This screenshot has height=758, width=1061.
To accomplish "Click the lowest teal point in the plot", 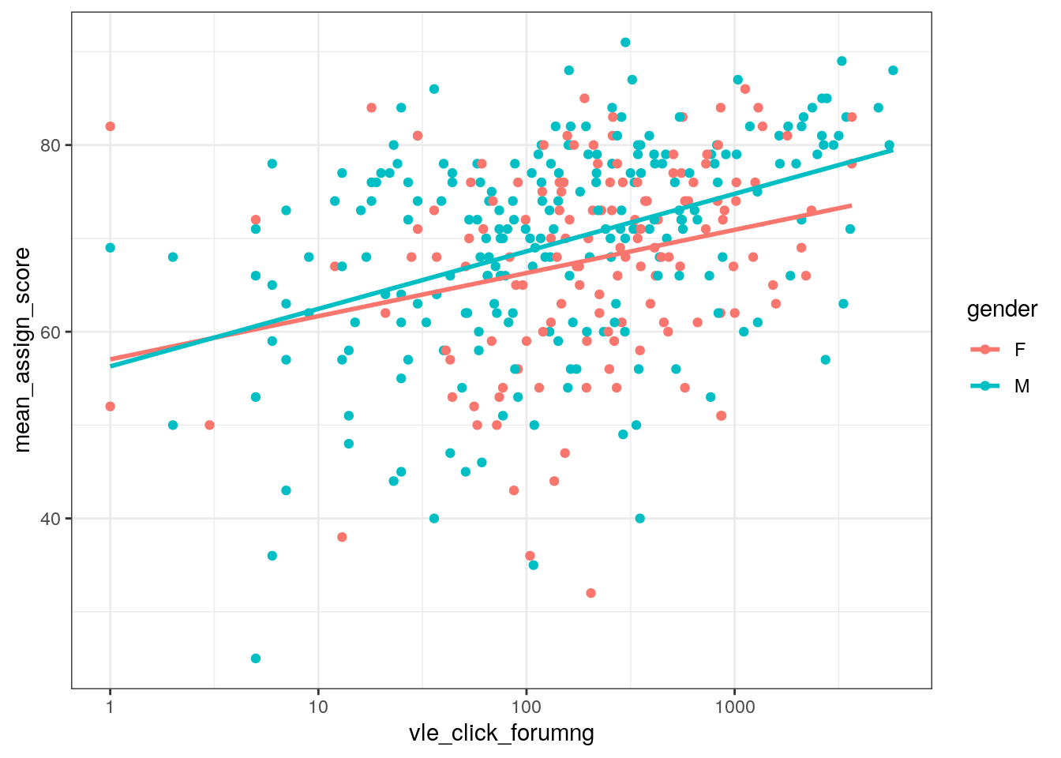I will (256, 659).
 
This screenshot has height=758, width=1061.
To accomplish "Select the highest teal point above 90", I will (625, 43).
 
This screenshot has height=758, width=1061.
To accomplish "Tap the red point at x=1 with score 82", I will (111, 126).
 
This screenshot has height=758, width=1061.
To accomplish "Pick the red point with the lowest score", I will (590, 593).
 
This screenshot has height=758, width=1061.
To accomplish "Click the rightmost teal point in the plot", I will (893, 70).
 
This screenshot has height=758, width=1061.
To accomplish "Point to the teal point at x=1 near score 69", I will (111, 248).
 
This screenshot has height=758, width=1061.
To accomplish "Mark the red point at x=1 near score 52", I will (111, 407).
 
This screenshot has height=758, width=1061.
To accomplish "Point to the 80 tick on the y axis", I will (51, 145).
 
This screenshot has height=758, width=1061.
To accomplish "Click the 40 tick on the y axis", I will (51, 519).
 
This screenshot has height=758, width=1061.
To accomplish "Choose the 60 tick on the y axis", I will (51, 332).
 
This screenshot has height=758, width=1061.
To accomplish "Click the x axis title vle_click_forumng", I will (501, 734).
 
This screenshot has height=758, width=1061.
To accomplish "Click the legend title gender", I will (1002, 310).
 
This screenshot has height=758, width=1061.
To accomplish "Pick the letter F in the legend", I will (1020, 350).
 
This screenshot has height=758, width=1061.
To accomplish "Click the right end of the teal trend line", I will (892, 150).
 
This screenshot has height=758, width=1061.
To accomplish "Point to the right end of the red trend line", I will (851, 205).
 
